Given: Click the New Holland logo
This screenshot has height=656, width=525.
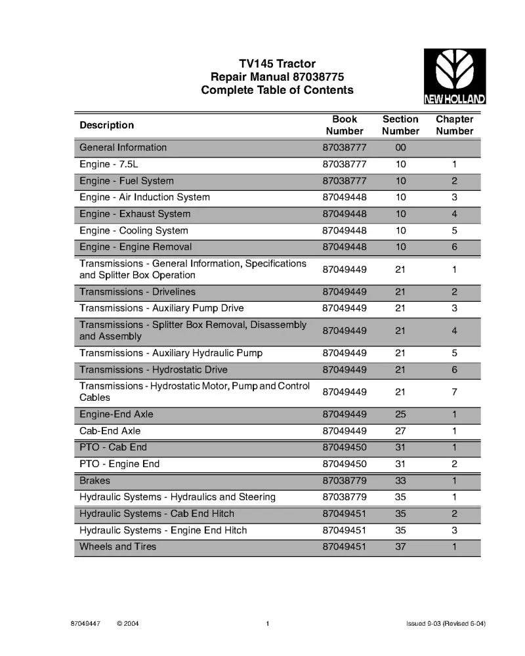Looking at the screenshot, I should tap(454, 76).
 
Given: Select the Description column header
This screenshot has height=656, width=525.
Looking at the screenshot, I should tap(107, 125).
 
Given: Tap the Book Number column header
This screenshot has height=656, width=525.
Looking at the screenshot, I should tap(345, 125).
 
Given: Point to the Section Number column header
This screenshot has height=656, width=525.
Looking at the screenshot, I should tap(400, 125).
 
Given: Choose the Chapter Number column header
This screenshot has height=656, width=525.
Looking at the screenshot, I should tap(454, 125).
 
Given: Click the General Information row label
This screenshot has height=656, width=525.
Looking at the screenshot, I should tap(123, 148).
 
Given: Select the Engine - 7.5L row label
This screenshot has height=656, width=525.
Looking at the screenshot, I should tap(109, 164).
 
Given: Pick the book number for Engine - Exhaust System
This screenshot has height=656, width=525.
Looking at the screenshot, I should tap(345, 214).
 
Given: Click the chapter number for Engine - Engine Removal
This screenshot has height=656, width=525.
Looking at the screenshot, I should tap(454, 247).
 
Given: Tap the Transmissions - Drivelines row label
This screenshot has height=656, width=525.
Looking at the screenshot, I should tap(138, 292).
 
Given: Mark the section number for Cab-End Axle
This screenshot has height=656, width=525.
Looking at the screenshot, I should tap(400, 431).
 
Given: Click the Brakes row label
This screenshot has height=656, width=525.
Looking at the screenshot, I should tap(95, 480).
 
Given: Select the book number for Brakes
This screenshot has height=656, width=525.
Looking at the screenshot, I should tap(345, 481).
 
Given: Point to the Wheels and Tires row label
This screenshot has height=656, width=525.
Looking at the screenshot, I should tap(118, 546).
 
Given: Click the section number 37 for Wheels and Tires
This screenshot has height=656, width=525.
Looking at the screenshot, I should tap(400, 546).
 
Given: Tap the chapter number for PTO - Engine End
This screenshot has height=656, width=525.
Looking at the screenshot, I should tap(454, 464).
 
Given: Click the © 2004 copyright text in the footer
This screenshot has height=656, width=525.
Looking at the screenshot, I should tap(127, 623).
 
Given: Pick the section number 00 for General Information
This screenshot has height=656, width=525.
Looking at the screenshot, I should tap(400, 148).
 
